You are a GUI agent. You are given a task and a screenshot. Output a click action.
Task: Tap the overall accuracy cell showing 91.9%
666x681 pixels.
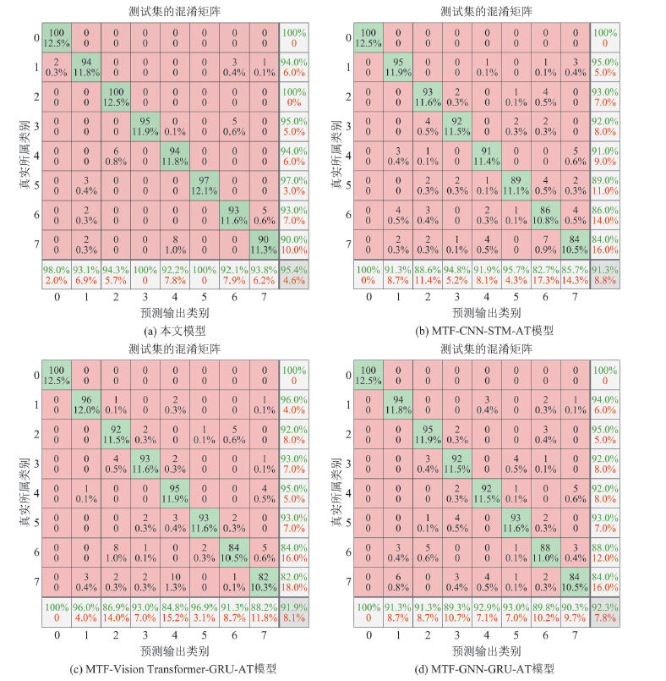click(292, 612)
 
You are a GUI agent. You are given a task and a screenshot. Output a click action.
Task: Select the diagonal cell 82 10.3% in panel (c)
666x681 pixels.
click(262, 581)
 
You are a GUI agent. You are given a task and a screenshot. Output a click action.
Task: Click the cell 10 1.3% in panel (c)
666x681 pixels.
click(175, 581)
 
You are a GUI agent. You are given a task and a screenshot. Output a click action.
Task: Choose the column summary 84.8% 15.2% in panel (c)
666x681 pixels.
click(175, 612)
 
